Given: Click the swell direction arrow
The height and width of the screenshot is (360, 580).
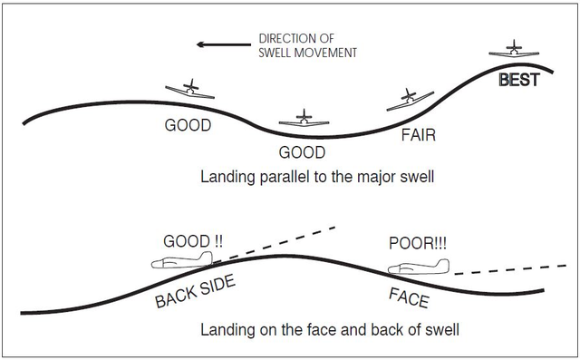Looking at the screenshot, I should pos(222,43).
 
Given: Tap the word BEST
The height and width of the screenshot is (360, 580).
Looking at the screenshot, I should pos(519,80).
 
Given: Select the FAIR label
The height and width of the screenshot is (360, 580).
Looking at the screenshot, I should pos(419,135).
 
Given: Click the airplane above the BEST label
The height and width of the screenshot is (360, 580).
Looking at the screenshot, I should pos(514,51).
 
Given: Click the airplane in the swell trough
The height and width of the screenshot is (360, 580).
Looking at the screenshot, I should pos(305,119).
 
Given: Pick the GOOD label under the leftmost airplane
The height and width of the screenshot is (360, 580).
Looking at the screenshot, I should pos(188,125).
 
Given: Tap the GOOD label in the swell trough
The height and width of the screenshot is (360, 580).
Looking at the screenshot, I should pos(302,152).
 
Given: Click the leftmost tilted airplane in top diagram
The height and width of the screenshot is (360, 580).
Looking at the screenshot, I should pos(191,90).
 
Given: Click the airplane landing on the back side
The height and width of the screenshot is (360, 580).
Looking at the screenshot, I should pos(182,263).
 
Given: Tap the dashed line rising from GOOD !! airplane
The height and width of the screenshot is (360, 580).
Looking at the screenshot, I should pos(281,240).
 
